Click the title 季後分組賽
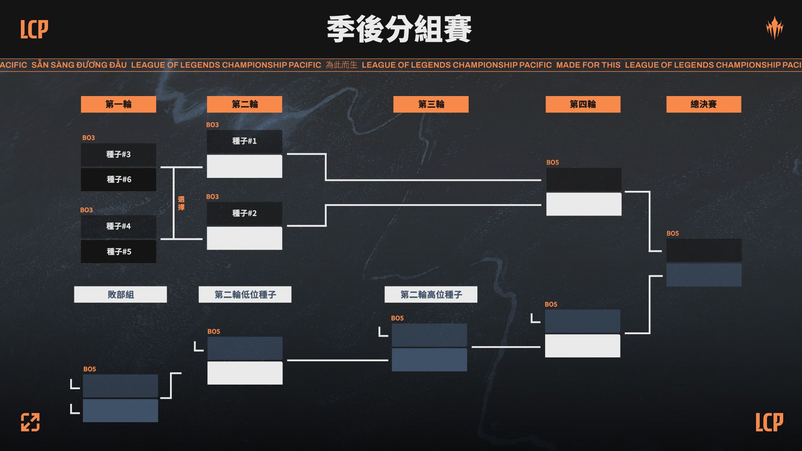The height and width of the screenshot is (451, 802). point(399,29)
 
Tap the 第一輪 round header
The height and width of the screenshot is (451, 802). point(118,104)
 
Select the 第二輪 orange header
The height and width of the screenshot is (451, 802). point(244,104)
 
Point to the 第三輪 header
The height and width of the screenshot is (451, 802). point(431,104)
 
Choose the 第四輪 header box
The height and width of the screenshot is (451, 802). point(583,104)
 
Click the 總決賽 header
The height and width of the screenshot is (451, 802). point(703,104)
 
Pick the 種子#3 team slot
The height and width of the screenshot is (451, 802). point(118,155)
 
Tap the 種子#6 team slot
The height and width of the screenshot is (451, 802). point(118,180)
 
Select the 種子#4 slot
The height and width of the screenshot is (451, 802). point(118,226)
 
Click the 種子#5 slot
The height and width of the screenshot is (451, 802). point(118,251)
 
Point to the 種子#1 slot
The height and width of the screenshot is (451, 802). point(244,141)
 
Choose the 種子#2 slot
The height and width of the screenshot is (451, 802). point(244,213)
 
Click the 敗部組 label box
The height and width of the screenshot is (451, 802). point(120,294)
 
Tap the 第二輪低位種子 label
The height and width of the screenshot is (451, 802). point(245,294)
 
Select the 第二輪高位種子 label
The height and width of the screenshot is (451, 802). point(431,294)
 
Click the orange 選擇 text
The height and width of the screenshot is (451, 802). point(181,203)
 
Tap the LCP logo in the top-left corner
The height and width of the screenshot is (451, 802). point(34,29)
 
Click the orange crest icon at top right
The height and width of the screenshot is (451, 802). point(774,28)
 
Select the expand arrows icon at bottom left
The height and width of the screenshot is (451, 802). point(30,422)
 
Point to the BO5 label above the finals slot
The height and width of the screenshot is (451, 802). point(673,233)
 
